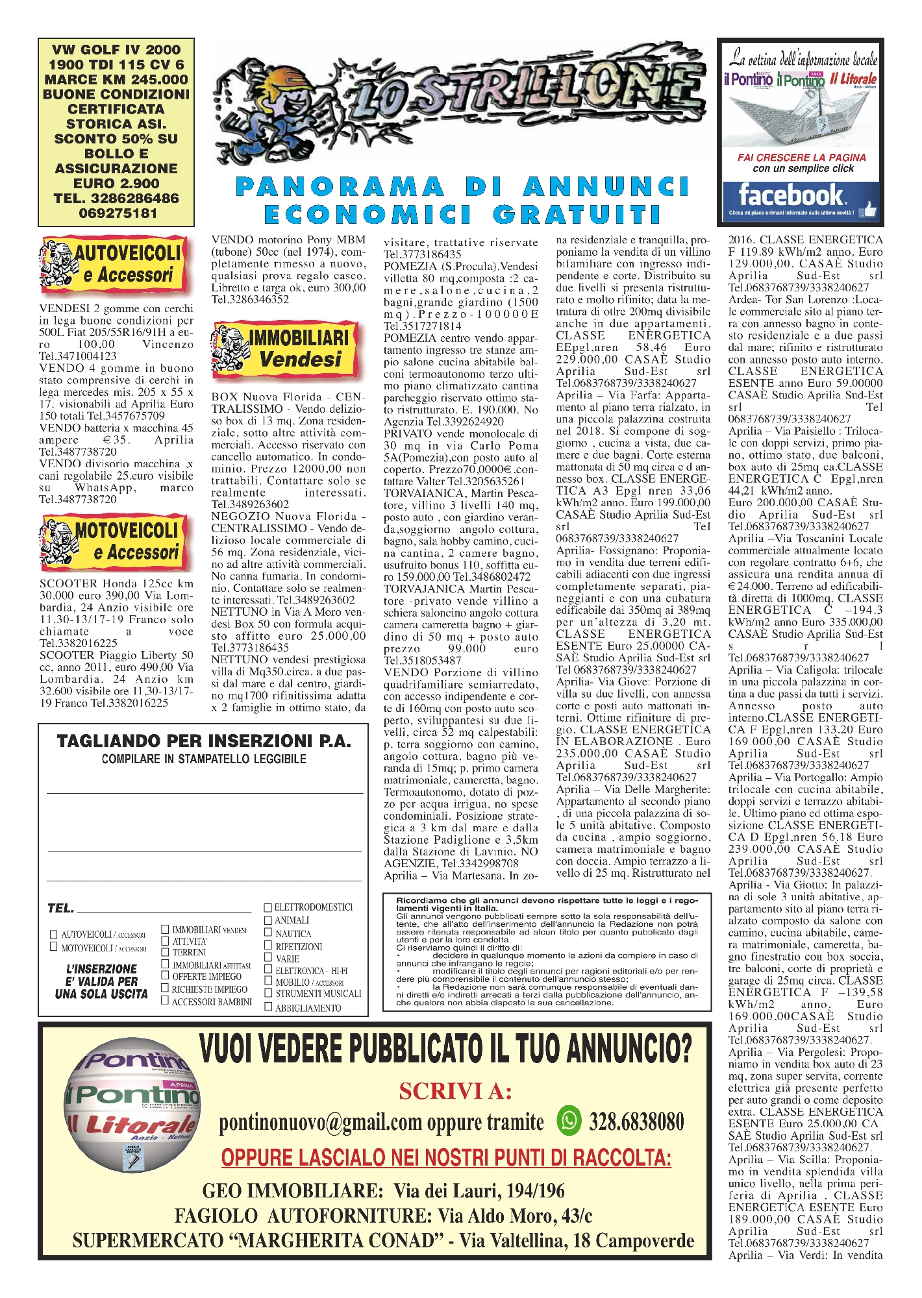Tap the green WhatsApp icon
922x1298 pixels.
click(x=569, y=1121)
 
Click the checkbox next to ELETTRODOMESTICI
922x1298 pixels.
click(x=268, y=907)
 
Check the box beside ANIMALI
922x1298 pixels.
click(x=268, y=920)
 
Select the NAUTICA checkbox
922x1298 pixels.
click(x=268, y=933)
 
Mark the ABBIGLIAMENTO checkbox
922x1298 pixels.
click(x=268, y=1007)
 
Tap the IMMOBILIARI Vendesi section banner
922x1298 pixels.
click(x=285, y=349)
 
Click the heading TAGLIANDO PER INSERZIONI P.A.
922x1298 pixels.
click(x=204, y=741)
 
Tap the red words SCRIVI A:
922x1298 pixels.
click(x=455, y=1092)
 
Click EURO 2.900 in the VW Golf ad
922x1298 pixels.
click(x=116, y=184)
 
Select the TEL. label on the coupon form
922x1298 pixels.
click(x=60, y=908)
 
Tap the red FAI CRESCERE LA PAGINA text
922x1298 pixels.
click(x=801, y=158)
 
